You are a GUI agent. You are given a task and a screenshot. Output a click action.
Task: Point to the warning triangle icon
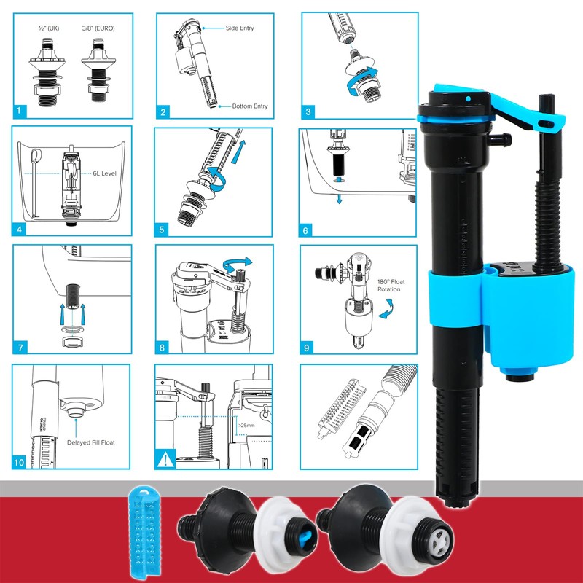[163, 461]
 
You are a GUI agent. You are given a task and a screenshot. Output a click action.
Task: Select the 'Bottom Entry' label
[249, 106]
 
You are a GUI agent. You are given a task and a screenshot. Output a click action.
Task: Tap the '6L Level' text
[104, 174]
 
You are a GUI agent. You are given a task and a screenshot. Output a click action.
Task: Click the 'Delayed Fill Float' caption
[91, 442]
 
